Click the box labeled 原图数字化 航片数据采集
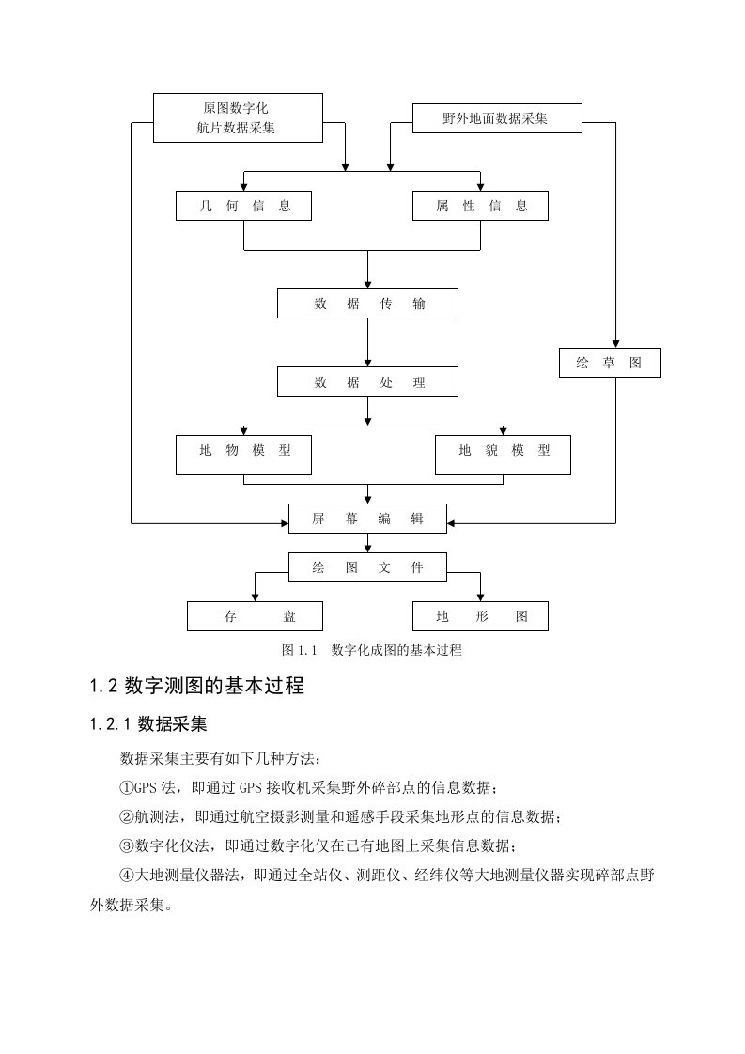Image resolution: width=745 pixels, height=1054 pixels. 238,117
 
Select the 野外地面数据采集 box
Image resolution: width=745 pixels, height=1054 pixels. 497,118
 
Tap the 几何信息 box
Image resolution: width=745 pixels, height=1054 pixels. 243,206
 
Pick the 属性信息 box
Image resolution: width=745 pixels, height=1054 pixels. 480,206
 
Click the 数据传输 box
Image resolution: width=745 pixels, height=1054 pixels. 367,303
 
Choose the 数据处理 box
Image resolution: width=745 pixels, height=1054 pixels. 367,381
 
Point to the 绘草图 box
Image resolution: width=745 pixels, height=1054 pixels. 610,363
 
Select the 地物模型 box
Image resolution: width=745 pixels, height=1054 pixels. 243,455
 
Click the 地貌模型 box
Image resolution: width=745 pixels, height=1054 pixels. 503,455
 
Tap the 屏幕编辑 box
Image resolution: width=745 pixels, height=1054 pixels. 367,519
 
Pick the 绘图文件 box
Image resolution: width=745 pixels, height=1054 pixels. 367,567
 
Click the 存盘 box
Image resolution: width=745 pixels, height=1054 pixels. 255,615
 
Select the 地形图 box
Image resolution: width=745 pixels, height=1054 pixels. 480,615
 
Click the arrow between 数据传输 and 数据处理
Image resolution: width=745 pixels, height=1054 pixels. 367,342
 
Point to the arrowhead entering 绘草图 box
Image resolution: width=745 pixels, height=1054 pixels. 615,344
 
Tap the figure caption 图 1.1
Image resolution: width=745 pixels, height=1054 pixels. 299,650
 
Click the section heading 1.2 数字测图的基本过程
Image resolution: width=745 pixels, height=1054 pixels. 197,686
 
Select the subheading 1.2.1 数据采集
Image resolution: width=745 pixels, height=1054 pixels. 148,724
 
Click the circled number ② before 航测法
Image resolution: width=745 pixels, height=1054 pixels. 127,816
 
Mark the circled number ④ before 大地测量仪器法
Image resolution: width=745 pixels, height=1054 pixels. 127,876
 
